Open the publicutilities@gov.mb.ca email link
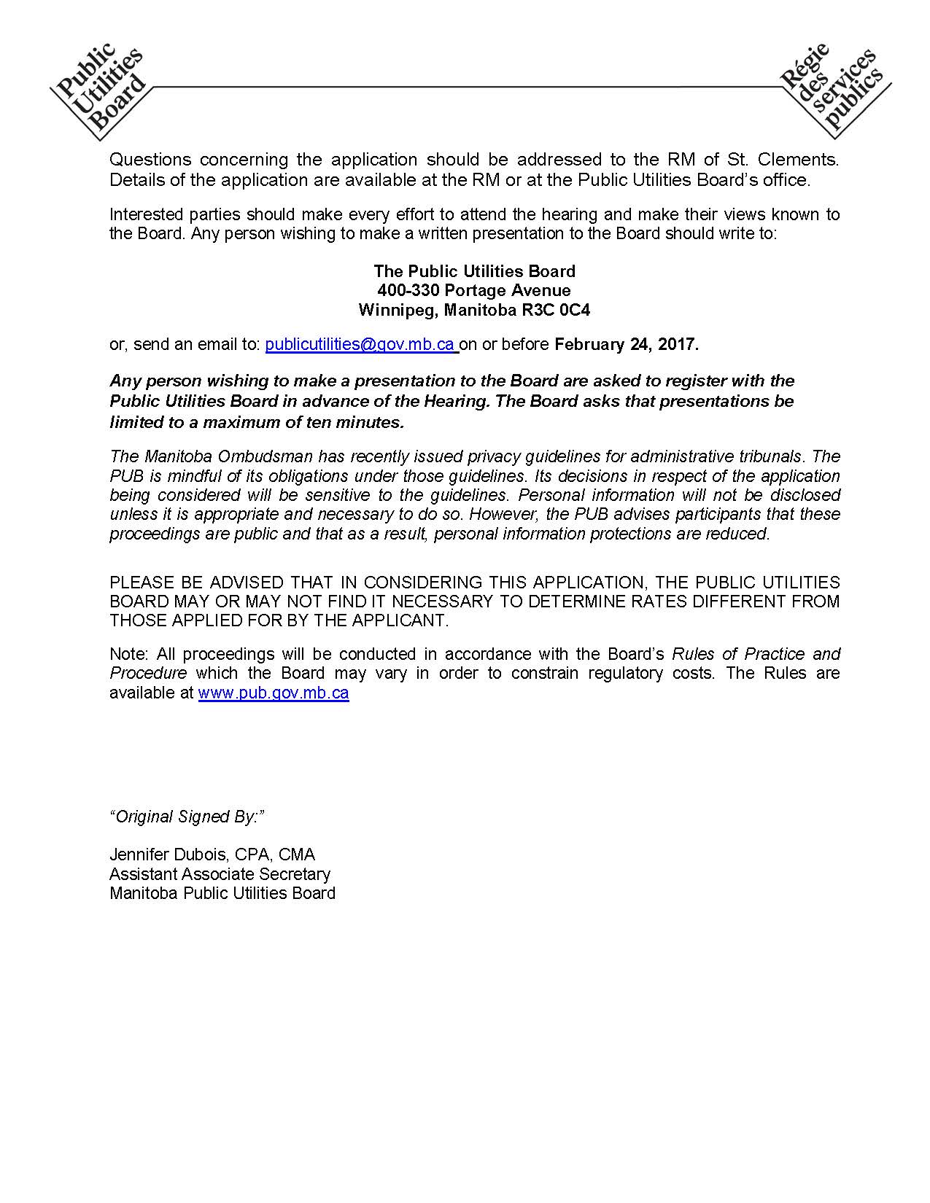click(360, 345)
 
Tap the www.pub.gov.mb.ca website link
click(274, 693)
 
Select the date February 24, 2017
click(627, 345)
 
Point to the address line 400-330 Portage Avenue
click(474, 291)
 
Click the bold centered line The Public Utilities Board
click(474, 271)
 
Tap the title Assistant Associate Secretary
click(220, 873)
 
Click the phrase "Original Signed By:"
click(187, 817)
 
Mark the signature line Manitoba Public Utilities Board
click(222, 893)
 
